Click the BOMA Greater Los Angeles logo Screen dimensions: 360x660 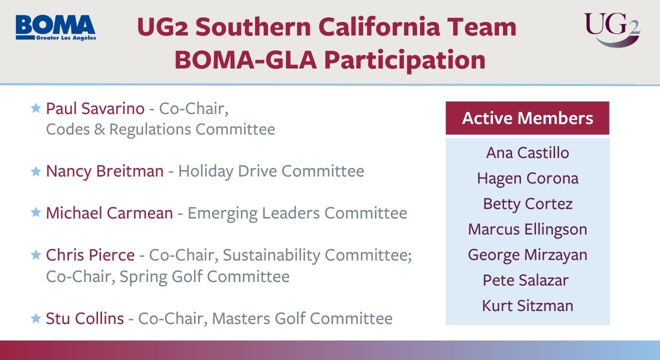pos(55,27)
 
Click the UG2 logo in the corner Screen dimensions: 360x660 pos(611,29)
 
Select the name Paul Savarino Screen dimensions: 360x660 pos(95,108)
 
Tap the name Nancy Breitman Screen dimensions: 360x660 pos(104,171)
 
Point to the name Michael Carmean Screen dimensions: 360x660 pos(109,213)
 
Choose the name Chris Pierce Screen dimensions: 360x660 pos(90,255)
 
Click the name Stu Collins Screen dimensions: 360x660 pos(84,318)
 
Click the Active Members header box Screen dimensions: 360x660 pos(527,118)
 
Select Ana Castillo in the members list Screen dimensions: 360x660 pos(527,152)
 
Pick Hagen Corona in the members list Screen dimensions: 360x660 pos(527,178)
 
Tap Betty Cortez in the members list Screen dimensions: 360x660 pos(527,204)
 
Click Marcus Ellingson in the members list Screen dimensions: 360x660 pos(527,229)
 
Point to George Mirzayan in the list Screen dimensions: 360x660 pos(527,255)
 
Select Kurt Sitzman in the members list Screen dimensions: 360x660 pos(527,306)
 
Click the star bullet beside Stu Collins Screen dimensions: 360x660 pos(35,318)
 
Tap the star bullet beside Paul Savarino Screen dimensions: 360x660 pos(35,108)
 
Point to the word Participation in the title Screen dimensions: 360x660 pos(404,59)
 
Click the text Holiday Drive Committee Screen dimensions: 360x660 pos(271,171)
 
